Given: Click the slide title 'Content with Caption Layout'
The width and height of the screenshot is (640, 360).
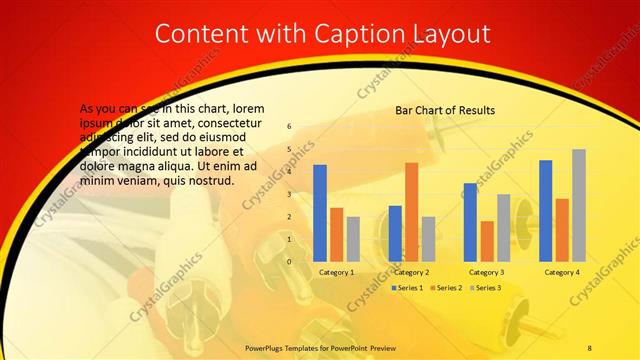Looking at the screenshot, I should (323, 33).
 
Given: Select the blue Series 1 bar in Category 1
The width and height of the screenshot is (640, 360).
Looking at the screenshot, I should (320, 213).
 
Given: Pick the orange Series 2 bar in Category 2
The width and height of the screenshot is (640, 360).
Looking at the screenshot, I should (411, 212).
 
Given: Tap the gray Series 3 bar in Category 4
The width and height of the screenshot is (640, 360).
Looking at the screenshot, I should (578, 205).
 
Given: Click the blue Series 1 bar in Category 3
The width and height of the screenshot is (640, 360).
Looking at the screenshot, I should (470, 222).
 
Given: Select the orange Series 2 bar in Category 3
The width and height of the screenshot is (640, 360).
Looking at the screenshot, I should (487, 241).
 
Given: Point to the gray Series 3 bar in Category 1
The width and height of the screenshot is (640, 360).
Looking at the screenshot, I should (353, 239).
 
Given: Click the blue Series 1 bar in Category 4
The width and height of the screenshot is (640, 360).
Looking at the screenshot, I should (545, 211).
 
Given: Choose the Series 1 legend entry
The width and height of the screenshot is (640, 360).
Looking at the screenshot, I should (407, 288).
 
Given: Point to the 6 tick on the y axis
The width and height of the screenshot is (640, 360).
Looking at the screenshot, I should (289, 127).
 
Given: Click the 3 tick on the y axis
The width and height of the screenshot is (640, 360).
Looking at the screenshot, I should (289, 194).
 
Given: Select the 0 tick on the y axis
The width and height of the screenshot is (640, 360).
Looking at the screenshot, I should (289, 261).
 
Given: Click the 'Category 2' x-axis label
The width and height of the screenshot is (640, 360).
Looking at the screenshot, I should (411, 272).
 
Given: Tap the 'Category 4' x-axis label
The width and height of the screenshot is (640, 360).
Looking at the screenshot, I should (561, 272).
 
